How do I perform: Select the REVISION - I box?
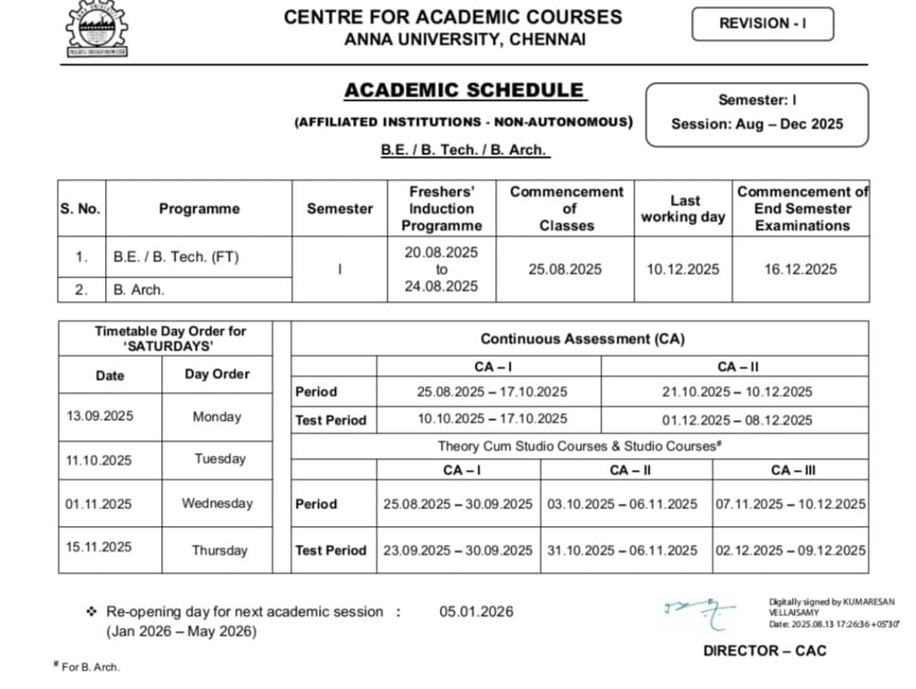[x=762, y=24]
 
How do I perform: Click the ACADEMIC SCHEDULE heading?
[x=464, y=91]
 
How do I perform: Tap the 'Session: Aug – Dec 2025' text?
[x=757, y=124]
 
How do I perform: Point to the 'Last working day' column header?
[x=683, y=209]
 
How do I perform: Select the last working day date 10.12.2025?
[x=683, y=269]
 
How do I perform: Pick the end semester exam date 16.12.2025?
[x=801, y=269]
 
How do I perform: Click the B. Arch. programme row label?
[x=139, y=289]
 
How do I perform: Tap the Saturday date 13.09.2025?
[x=99, y=416]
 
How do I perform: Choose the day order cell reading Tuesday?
[x=220, y=459]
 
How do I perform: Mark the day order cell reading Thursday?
[x=219, y=551]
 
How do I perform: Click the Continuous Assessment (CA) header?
[x=582, y=339]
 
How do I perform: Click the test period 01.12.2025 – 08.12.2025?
[x=736, y=420]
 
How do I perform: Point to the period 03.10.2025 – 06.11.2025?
[x=622, y=504]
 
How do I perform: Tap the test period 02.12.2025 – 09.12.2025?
[x=790, y=551]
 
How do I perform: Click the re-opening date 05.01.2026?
[x=476, y=612]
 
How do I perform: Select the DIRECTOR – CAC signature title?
[x=764, y=651]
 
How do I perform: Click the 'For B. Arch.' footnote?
[x=90, y=667]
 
